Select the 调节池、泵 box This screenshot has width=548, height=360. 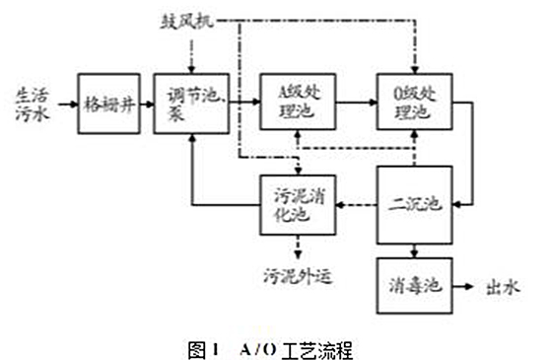pyautogui.click(x=191, y=102)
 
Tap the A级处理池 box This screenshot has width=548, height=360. pyautogui.click(x=296, y=102)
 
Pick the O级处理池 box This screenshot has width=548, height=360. pyautogui.click(x=414, y=102)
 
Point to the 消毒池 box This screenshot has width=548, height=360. pyautogui.click(x=414, y=286)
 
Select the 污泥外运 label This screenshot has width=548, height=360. pyautogui.click(x=296, y=275)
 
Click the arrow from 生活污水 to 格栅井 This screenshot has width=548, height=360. pyautogui.click(x=64, y=102)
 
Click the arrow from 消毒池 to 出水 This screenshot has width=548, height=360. pyautogui.click(x=464, y=287)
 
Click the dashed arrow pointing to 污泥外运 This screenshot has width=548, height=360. pyautogui.click(x=296, y=250)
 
